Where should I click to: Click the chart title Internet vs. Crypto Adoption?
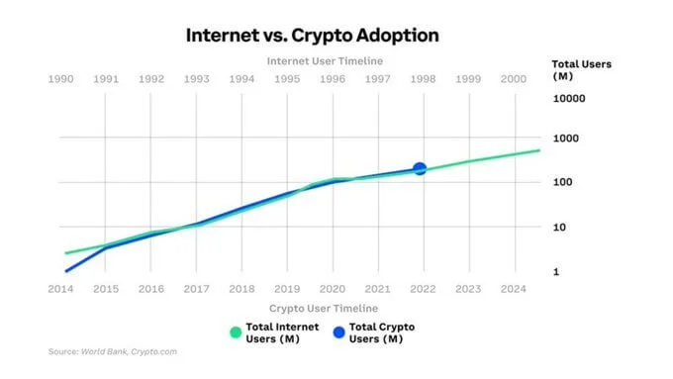point(312,35)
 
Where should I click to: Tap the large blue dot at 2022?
point(420,169)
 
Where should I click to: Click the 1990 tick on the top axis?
point(61,79)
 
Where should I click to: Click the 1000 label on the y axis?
point(572,139)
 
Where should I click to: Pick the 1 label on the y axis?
point(557,271)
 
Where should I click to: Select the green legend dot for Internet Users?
point(235,333)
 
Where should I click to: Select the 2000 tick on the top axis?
point(514,79)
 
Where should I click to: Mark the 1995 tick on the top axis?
point(287,79)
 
